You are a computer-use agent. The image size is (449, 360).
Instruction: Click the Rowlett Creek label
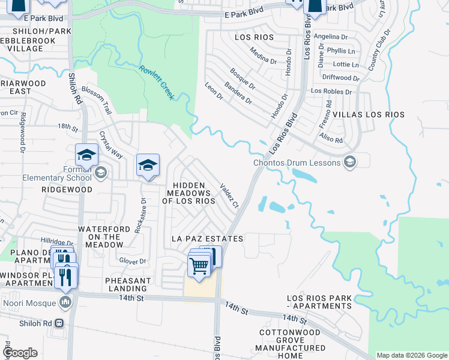click(x=157, y=82)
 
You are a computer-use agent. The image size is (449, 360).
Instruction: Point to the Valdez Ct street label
click(x=230, y=196)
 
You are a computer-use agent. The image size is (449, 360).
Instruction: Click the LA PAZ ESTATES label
click(x=207, y=239)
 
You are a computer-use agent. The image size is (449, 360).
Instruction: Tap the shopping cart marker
click(x=199, y=265)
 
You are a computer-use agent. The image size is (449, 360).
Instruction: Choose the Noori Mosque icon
click(x=66, y=301)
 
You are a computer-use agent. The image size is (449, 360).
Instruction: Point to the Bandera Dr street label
click(x=238, y=93)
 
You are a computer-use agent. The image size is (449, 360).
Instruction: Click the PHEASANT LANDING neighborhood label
click(x=128, y=284)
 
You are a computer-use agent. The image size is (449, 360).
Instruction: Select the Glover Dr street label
click(x=133, y=261)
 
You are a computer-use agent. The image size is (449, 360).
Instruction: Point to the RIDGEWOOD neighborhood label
click(x=67, y=190)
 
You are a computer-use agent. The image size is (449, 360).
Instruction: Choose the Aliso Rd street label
click(x=331, y=140)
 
